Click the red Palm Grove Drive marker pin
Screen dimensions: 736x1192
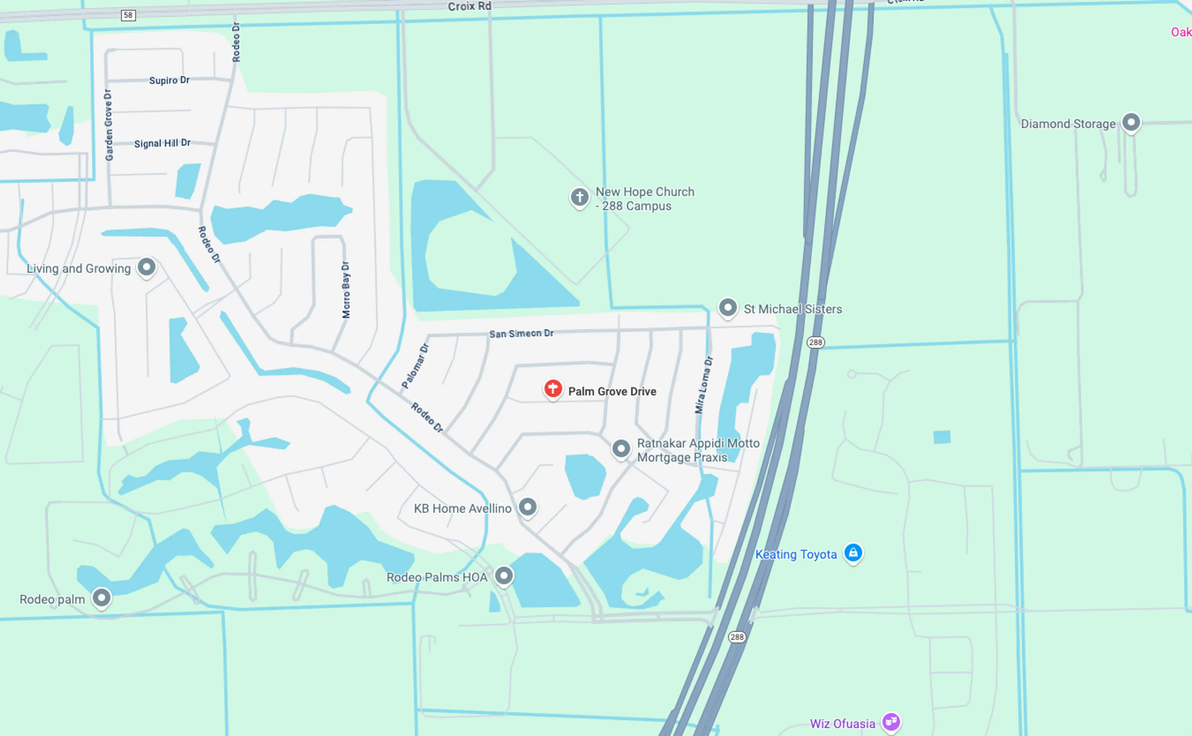(x=553, y=389)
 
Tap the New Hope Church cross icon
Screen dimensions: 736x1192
(x=579, y=197)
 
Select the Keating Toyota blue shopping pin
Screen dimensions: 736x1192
(x=853, y=553)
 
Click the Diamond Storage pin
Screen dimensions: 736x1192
(x=1131, y=122)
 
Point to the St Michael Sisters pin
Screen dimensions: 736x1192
(x=728, y=308)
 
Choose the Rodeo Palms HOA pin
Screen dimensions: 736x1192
(x=504, y=576)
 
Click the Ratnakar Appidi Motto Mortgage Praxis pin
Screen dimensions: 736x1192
(x=621, y=448)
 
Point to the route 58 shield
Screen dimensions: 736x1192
(x=128, y=15)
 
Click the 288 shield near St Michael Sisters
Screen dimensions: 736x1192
(x=815, y=342)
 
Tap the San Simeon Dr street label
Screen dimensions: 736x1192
(x=521, y=333)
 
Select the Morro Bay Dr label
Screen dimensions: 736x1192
(x=345, y=290)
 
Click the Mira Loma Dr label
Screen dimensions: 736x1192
(x=704, y=385)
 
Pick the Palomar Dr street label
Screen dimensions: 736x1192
(x=415, y=366)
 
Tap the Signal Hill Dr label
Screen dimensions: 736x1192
(x=162, y=143)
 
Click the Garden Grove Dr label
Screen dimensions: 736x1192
(x=109, y=125)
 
